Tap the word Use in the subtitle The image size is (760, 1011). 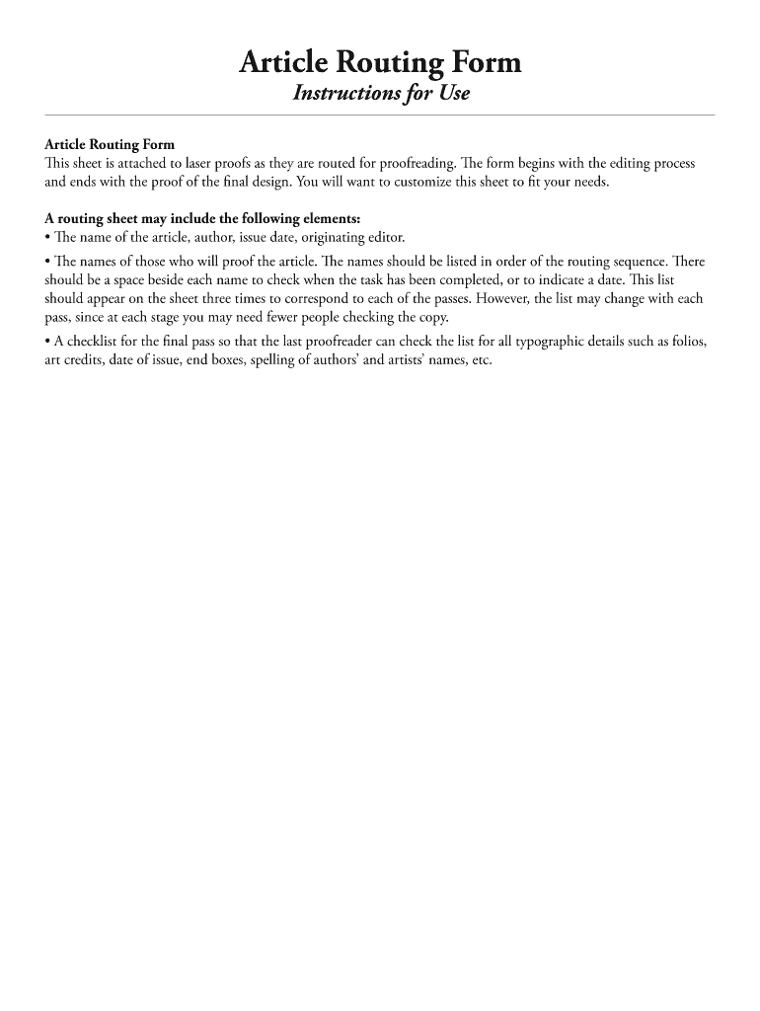click(451, 94)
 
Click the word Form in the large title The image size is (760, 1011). click(481, 64)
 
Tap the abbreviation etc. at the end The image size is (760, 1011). click(478, 360)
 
